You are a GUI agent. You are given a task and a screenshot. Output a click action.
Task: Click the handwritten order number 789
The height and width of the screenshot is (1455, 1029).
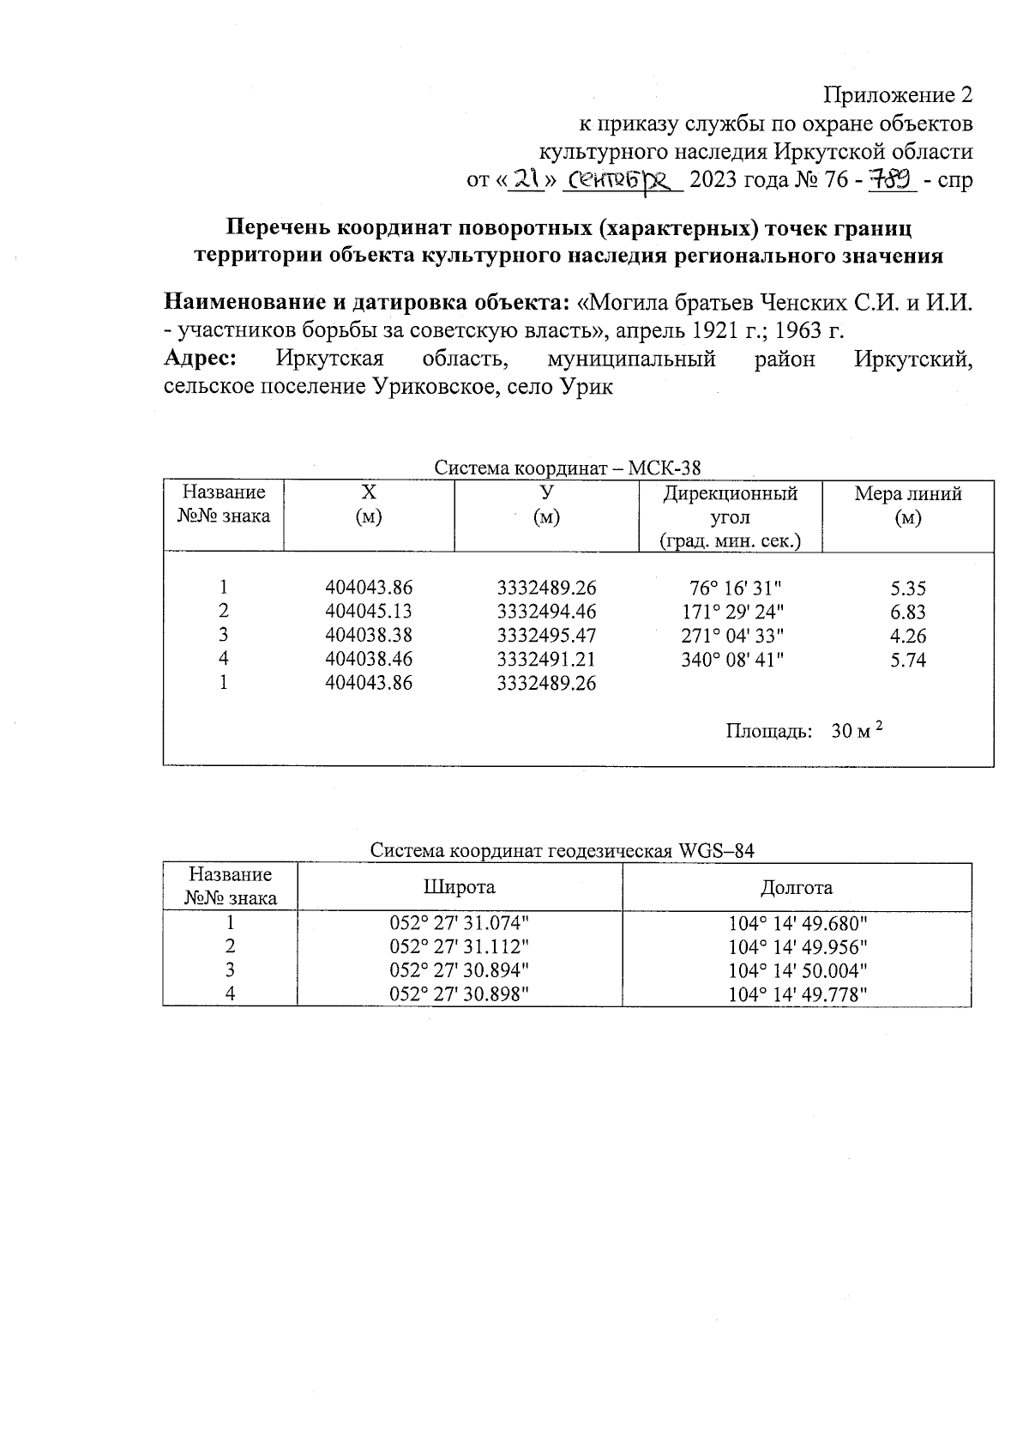[x=893, y=180]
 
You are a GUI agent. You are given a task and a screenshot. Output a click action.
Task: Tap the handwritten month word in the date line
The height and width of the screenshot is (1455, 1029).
[x=627, y=180]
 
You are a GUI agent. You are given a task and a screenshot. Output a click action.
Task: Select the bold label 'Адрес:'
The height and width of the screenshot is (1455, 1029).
[x=200, y=359]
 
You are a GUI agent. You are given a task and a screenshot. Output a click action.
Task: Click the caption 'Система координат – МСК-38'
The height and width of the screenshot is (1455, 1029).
[x=567, y=468]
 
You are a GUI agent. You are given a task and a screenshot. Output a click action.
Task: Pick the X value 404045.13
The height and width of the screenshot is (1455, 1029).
[x=369, y=612]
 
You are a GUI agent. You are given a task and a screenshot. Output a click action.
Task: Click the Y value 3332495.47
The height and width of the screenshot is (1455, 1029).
[x=546, y=636]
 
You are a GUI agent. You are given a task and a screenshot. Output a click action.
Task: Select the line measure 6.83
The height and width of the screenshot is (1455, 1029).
[x=908, y=612]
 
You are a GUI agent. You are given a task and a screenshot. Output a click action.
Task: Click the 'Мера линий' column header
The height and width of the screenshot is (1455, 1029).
[x=908, y=494]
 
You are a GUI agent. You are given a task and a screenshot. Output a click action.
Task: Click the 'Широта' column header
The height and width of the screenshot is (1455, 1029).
[x=460, y=887]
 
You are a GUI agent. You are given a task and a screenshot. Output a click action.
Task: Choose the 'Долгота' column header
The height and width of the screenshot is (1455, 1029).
[x=797, y=887]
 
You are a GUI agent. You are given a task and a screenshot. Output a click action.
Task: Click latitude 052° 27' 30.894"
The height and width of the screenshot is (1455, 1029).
[x=460, y=970]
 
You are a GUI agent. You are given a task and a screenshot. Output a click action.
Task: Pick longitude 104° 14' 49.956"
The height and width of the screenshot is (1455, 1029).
[x=797, y=947]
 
